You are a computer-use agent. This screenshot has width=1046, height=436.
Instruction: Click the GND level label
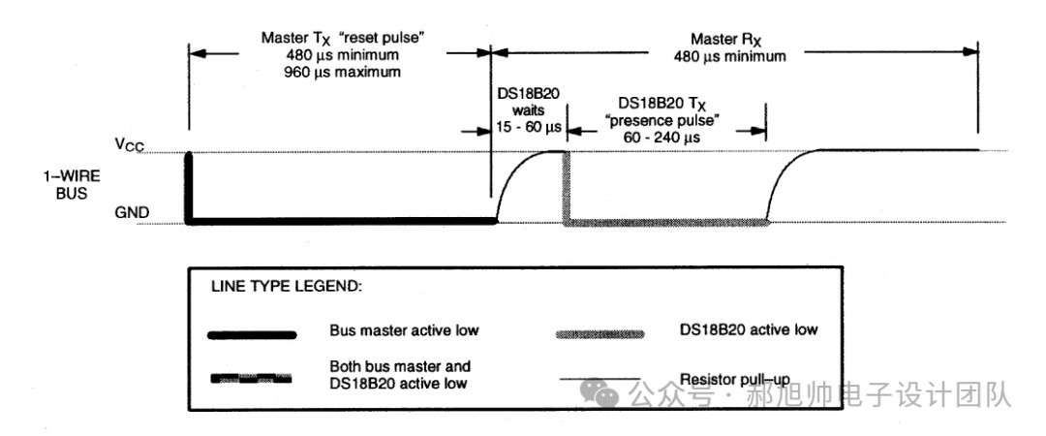[x=132, y=213]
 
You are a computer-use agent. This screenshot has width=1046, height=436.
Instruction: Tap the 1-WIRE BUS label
[x=63, y=185]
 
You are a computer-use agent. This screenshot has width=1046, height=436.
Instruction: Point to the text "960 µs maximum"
[x=342, y=72]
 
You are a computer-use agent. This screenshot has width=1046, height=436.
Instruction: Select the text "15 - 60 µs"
[x=529, y=126]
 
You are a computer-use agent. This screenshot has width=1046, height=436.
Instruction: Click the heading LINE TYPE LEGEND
[x=287, y=288]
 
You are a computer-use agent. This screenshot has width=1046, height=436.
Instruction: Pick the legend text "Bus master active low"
[x=404, y=330]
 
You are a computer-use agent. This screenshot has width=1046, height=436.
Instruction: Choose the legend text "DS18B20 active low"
[x=747, y=329]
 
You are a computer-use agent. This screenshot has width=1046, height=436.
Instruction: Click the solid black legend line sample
[x=252, y=335]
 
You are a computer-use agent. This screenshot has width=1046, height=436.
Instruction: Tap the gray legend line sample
[x=600, y=334]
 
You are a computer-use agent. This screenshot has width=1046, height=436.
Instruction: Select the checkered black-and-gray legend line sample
[x=252, y=379]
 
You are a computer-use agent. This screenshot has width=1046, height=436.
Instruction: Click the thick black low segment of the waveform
[x=343, y=221]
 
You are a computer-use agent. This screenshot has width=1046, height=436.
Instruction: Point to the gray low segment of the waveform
[x=667, y=222]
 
